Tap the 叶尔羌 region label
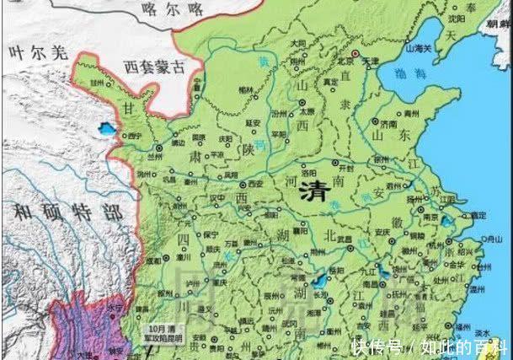pos(35,52)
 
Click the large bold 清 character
pos(315,191)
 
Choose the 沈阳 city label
pos(458,16)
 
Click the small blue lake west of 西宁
pos(106,131)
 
